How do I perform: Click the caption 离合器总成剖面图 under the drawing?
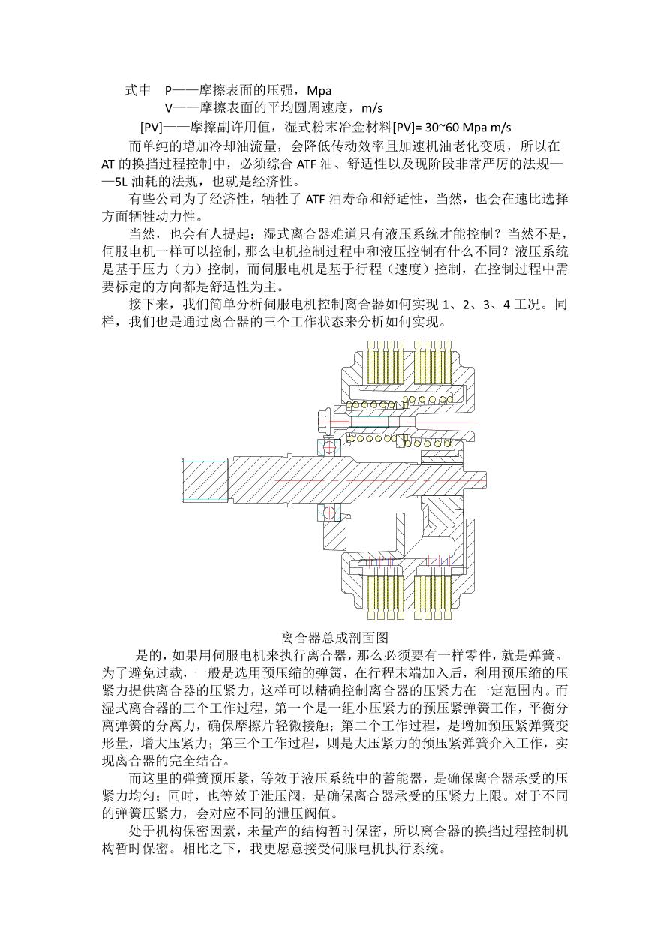(334, 637)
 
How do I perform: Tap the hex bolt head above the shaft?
(322, 422)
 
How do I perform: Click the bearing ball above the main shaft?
(328, 447)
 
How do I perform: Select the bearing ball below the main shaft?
(328, 513)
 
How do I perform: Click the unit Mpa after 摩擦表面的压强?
(319, 91)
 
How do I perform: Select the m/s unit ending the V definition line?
(372, 109)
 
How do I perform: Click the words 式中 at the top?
(138, 91)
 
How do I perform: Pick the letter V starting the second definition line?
(168, 109)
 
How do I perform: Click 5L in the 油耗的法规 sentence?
(121, 182)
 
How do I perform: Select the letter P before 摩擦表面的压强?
(168, 91)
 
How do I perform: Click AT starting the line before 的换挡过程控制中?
(108, 164)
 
